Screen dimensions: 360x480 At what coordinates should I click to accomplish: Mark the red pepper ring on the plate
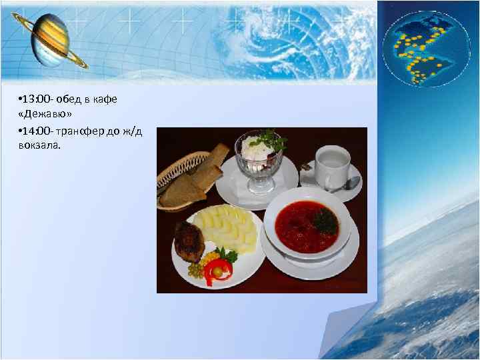click(x=218, y=270)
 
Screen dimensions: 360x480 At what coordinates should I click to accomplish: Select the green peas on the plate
click(x=194, y=270)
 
